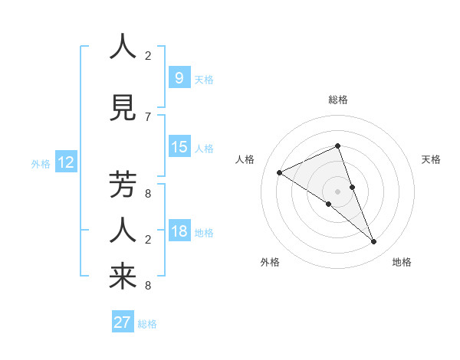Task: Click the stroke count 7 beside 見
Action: tap(148, 116)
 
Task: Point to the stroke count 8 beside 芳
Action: tap(148, 194)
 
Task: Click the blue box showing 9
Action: tap(179, 78)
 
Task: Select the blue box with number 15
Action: tap(179, 148)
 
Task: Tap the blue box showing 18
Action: tap(179, 232)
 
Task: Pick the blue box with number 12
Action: tap(65, 162)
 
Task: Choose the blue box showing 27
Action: tap(123, 322)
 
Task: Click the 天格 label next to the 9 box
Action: tap(204, 80)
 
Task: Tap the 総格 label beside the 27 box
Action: tap(147, 324)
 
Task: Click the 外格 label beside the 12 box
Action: tap(41, 164)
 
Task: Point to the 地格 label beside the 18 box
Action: tap(204, 233)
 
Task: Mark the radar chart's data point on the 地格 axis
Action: tap(374, 242)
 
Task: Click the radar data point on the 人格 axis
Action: tap(279, 172)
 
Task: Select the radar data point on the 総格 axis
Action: tap(337, 146)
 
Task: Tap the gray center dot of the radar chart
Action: tap(337, 191)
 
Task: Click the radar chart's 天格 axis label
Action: tap(432, 159)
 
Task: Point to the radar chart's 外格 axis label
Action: tap(270, 262)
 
